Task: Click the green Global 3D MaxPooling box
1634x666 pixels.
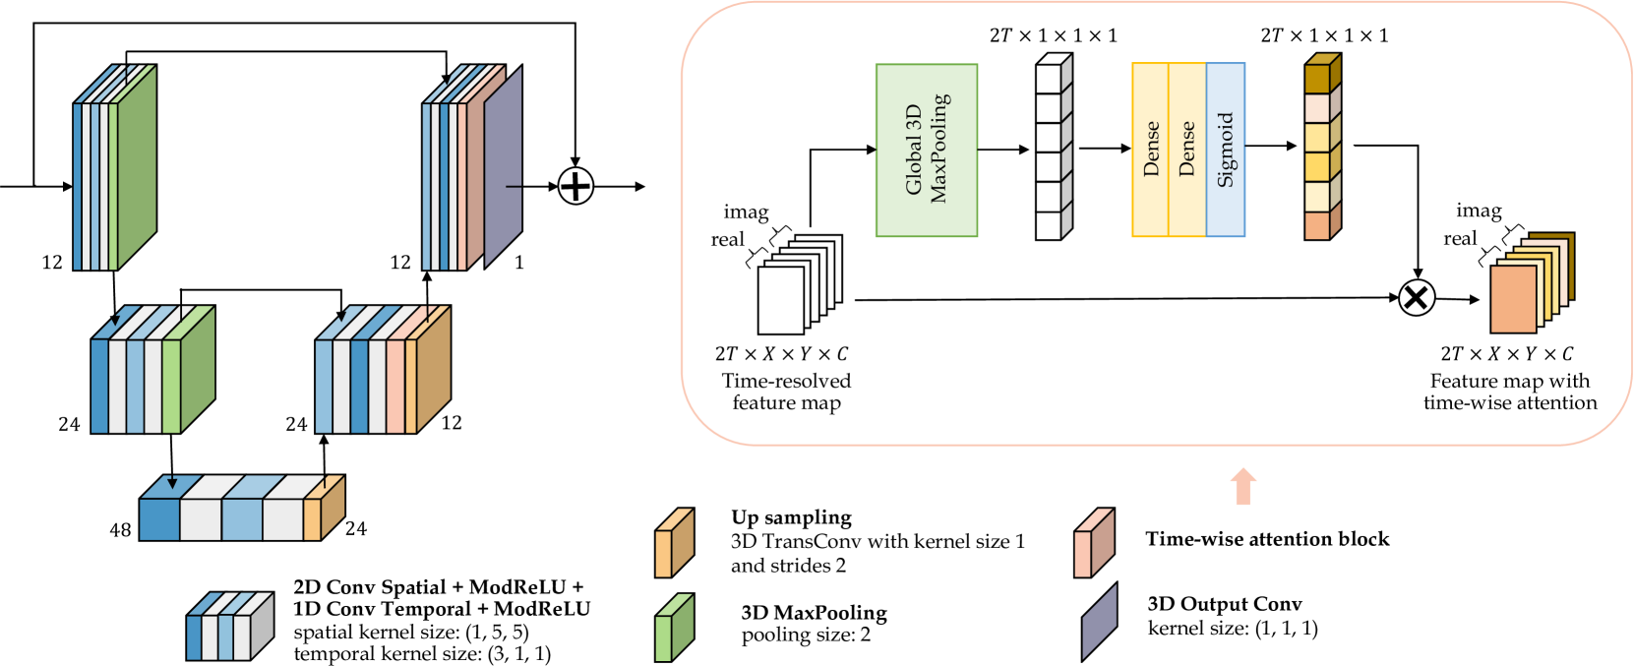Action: click(926, 150)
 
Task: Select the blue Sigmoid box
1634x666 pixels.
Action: click(1226, 150)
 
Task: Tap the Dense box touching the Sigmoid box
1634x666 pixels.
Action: click(1187, 150)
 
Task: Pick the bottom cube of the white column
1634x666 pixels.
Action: click(1050, 225)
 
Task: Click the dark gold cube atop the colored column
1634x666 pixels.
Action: click(1318, 78)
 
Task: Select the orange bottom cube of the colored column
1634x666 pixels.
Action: click(1318, 225)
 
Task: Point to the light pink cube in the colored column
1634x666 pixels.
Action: click(1318, 107)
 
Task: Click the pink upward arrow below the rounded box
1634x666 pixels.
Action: click(1243, 487)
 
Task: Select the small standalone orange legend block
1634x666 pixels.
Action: click(674, 543)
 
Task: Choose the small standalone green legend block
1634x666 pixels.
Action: click(674, 628)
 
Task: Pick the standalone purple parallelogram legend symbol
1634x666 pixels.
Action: click(1099, 623)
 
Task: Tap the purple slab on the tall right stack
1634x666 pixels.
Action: click(504, 167)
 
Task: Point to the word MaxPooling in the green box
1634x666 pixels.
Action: click(939, 148)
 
